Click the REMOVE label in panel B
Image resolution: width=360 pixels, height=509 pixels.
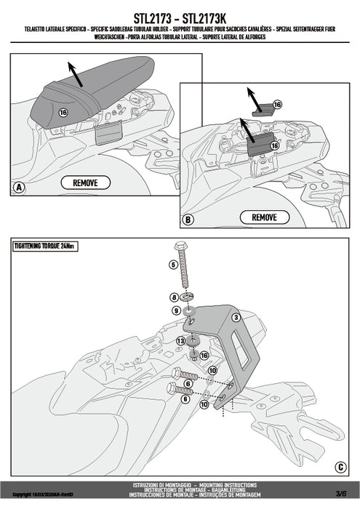pos(264,217)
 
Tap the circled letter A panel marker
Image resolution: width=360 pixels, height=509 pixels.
pos(19,188)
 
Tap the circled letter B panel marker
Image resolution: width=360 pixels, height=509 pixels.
pos(188,219)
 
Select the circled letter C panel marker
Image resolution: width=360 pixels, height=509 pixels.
pos(340,467)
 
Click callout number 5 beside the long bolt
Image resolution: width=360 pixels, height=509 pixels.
pos(174,265)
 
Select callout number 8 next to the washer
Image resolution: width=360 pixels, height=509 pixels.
pos(174,297)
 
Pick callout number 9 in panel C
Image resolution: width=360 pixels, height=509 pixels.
pos(176,311)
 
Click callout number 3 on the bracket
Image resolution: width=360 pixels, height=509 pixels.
pos(236,317)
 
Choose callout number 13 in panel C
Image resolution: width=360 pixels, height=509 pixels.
pos(181,340)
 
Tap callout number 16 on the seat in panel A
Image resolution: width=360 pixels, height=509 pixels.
pos(63,113)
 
